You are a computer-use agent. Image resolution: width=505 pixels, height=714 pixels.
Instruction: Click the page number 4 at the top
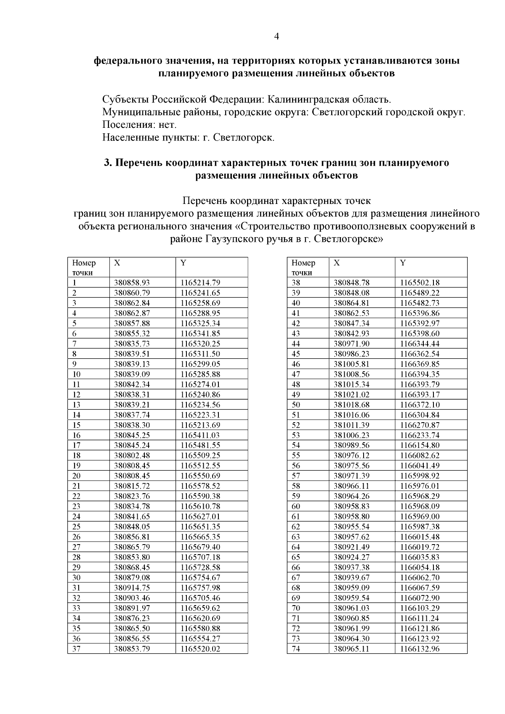(276, 37)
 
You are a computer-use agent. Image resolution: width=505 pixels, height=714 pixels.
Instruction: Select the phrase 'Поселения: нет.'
(139, 125)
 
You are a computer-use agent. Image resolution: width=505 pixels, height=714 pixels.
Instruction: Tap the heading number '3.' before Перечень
(108, 162)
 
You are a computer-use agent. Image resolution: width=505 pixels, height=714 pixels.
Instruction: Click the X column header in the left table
(117, 263)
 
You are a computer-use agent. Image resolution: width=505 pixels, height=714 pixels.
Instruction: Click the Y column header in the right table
(403, 263)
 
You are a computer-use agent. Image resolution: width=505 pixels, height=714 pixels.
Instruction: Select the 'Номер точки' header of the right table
(303, 267)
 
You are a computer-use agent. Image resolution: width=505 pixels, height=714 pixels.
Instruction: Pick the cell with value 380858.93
(132, 283)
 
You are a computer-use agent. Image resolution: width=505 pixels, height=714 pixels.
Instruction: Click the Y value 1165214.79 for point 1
(200, 283)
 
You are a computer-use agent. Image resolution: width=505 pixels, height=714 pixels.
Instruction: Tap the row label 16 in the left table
(77, 435)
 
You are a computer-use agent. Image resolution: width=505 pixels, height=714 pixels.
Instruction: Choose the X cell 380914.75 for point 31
(132, 588)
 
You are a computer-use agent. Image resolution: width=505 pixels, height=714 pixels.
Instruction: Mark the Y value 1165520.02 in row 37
(200, 649)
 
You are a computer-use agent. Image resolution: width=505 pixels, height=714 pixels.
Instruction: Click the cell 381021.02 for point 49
(351, 394)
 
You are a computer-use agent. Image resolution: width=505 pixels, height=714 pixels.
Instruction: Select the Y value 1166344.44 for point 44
(420, 344)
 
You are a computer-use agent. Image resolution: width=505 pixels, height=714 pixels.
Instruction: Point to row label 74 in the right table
(296, 649)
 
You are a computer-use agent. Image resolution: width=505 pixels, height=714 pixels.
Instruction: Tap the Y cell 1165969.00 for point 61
(420, 516)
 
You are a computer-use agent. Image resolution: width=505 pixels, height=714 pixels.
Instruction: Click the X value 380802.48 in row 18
(132, 455)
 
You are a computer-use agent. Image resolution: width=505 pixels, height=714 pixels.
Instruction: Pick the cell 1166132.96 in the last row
(420, 649)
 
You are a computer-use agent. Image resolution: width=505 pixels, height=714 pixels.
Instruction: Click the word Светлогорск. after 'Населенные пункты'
(244, 138)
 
